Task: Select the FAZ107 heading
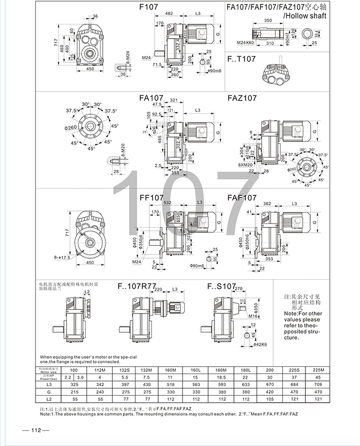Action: click(242, 98)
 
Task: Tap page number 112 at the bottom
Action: click(35, 430)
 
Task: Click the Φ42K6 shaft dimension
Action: click(244, 344)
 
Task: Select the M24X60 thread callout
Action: click(245, 42)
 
